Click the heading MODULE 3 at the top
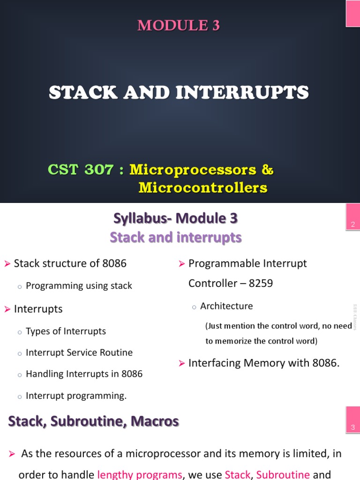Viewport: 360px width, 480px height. (x=178, y=26)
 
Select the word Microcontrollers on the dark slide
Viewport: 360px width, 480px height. (x=202, y=188)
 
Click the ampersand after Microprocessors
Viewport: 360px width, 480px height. (x=268, y=170)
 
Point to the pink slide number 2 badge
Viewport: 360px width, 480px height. (x=352, y=225)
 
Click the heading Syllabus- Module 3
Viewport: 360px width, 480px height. (x=175, y=218)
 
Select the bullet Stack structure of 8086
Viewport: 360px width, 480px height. (x=70, y=263)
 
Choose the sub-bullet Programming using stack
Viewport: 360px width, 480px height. (x=79, y=286)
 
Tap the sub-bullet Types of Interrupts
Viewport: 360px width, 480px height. (x=66, y=331)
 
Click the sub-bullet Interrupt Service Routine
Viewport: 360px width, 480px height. (x=79, y=352)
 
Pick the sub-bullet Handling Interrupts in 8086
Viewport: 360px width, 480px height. (x=84, y=374)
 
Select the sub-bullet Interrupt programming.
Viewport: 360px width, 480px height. (x=76, y=396)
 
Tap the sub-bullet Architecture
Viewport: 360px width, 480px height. (x=226, y=306)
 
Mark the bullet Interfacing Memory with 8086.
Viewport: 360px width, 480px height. (x=263, y=363)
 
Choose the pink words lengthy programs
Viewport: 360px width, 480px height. (x=140, y=474)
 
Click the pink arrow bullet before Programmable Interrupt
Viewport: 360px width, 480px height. (x=182, y=264)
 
